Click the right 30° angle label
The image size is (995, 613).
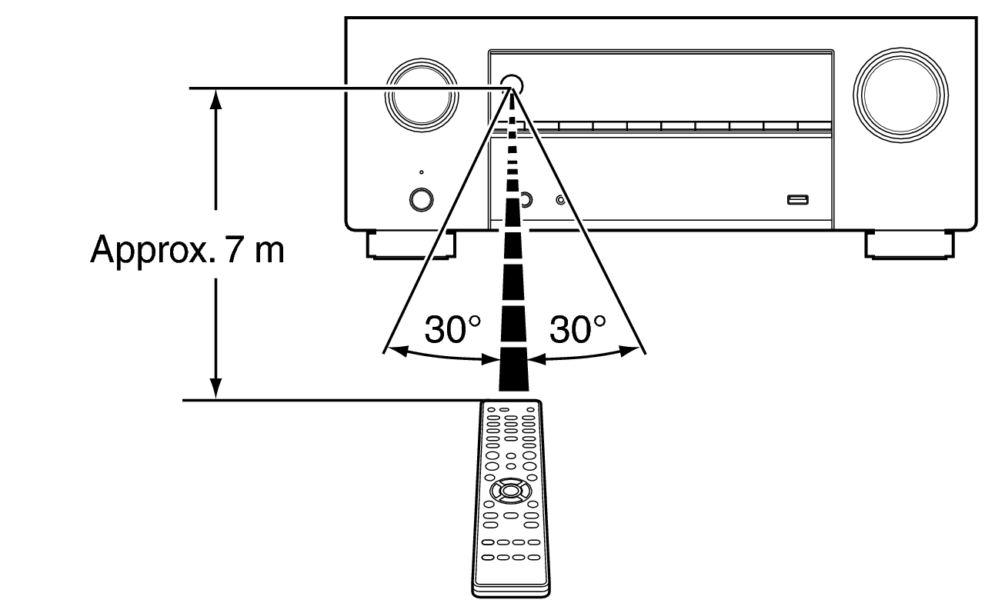(577, 330)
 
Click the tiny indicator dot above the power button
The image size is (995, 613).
(421, 172)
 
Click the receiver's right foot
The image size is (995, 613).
(910, 245)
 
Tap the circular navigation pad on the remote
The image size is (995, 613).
(505, 490)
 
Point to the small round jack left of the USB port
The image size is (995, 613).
(561, 201)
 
